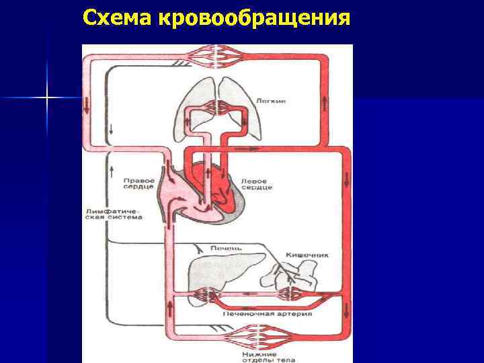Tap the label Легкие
click(x=271, y=101)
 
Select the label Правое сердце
click(x=139, y=184)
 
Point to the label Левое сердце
click(x=258, y=184)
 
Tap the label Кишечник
click(x=307, y=255)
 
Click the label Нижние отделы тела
click(x=259, y=353)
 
